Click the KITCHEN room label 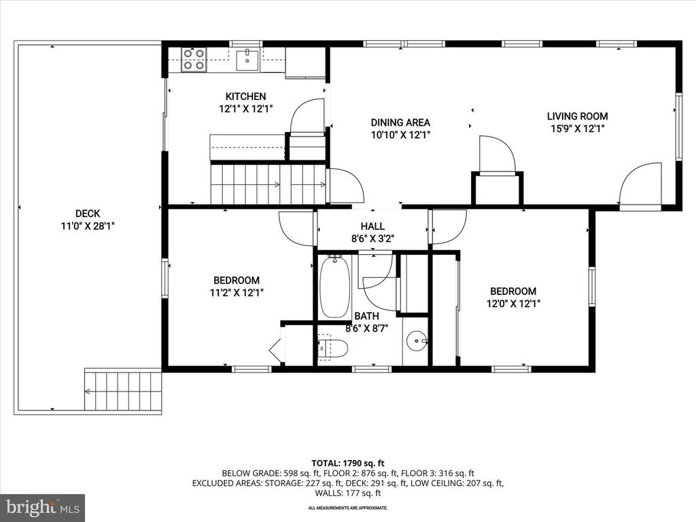(245, 97)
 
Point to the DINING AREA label (400, 122)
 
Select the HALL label (372, 226)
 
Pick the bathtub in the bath (334, 288)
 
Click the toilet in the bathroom (333, 348)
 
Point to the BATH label (366, 316)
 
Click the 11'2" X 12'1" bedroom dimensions (237, 292)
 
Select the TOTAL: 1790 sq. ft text (347, 462)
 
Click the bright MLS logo (42, 507)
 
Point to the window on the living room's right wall (678, 126)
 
